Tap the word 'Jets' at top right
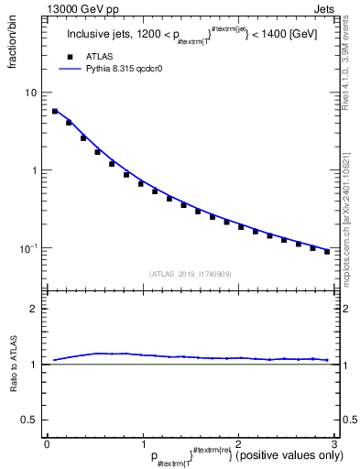(x=326, y=8)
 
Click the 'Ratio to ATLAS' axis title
(x=12, y=364)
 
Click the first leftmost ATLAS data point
(x=55, y=112)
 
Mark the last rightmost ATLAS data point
(x=327, y=251)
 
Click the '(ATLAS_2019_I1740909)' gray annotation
(x=190, y=274)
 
